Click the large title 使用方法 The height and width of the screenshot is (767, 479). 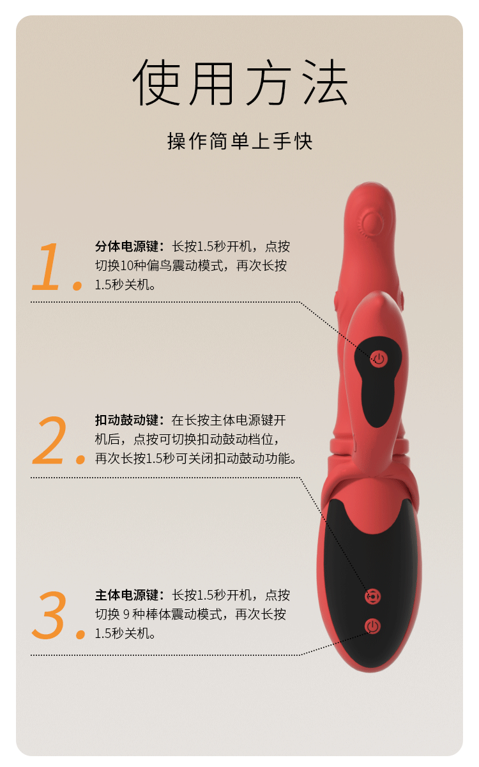pos(240,82)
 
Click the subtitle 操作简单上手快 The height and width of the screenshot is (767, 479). pos(240,141)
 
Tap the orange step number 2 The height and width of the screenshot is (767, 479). pos(50,441)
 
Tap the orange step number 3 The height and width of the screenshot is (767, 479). pos(49,615)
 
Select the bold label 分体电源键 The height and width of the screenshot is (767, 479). pos(126,246)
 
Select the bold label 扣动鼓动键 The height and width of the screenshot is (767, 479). pos(126,420)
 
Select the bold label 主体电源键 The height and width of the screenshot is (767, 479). pos(126,595)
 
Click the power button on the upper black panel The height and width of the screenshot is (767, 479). pos(379,359)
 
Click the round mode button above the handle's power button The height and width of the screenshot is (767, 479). pos(373,597)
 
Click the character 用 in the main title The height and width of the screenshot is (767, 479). pos(212,82)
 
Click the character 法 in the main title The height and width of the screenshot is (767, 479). pos(326,82)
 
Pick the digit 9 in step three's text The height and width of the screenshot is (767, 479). pos(126,614)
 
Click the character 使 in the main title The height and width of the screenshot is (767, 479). pos(156,82)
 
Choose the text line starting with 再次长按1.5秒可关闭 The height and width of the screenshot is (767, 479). pos(195,459)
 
